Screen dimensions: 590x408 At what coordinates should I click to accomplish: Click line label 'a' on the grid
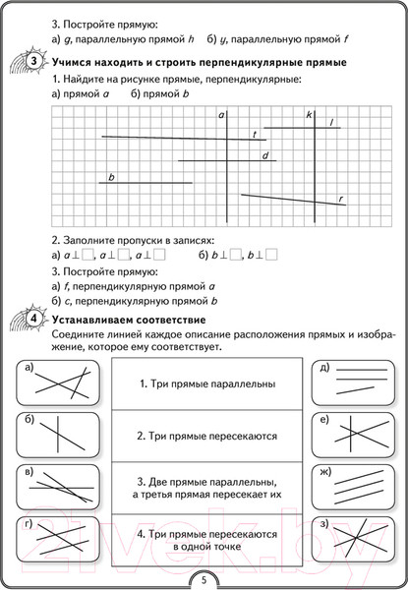tap(222, 116)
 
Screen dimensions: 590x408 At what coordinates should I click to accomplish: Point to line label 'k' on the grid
tap(309, 116)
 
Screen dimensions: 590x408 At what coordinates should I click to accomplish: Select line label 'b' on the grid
tap(112, 177)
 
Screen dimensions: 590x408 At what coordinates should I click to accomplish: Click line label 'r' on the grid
tap(340, 200)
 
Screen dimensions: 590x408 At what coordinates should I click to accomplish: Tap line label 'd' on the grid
tap(264, 156)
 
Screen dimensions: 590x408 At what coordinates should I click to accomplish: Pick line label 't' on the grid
tap(255, 134)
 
